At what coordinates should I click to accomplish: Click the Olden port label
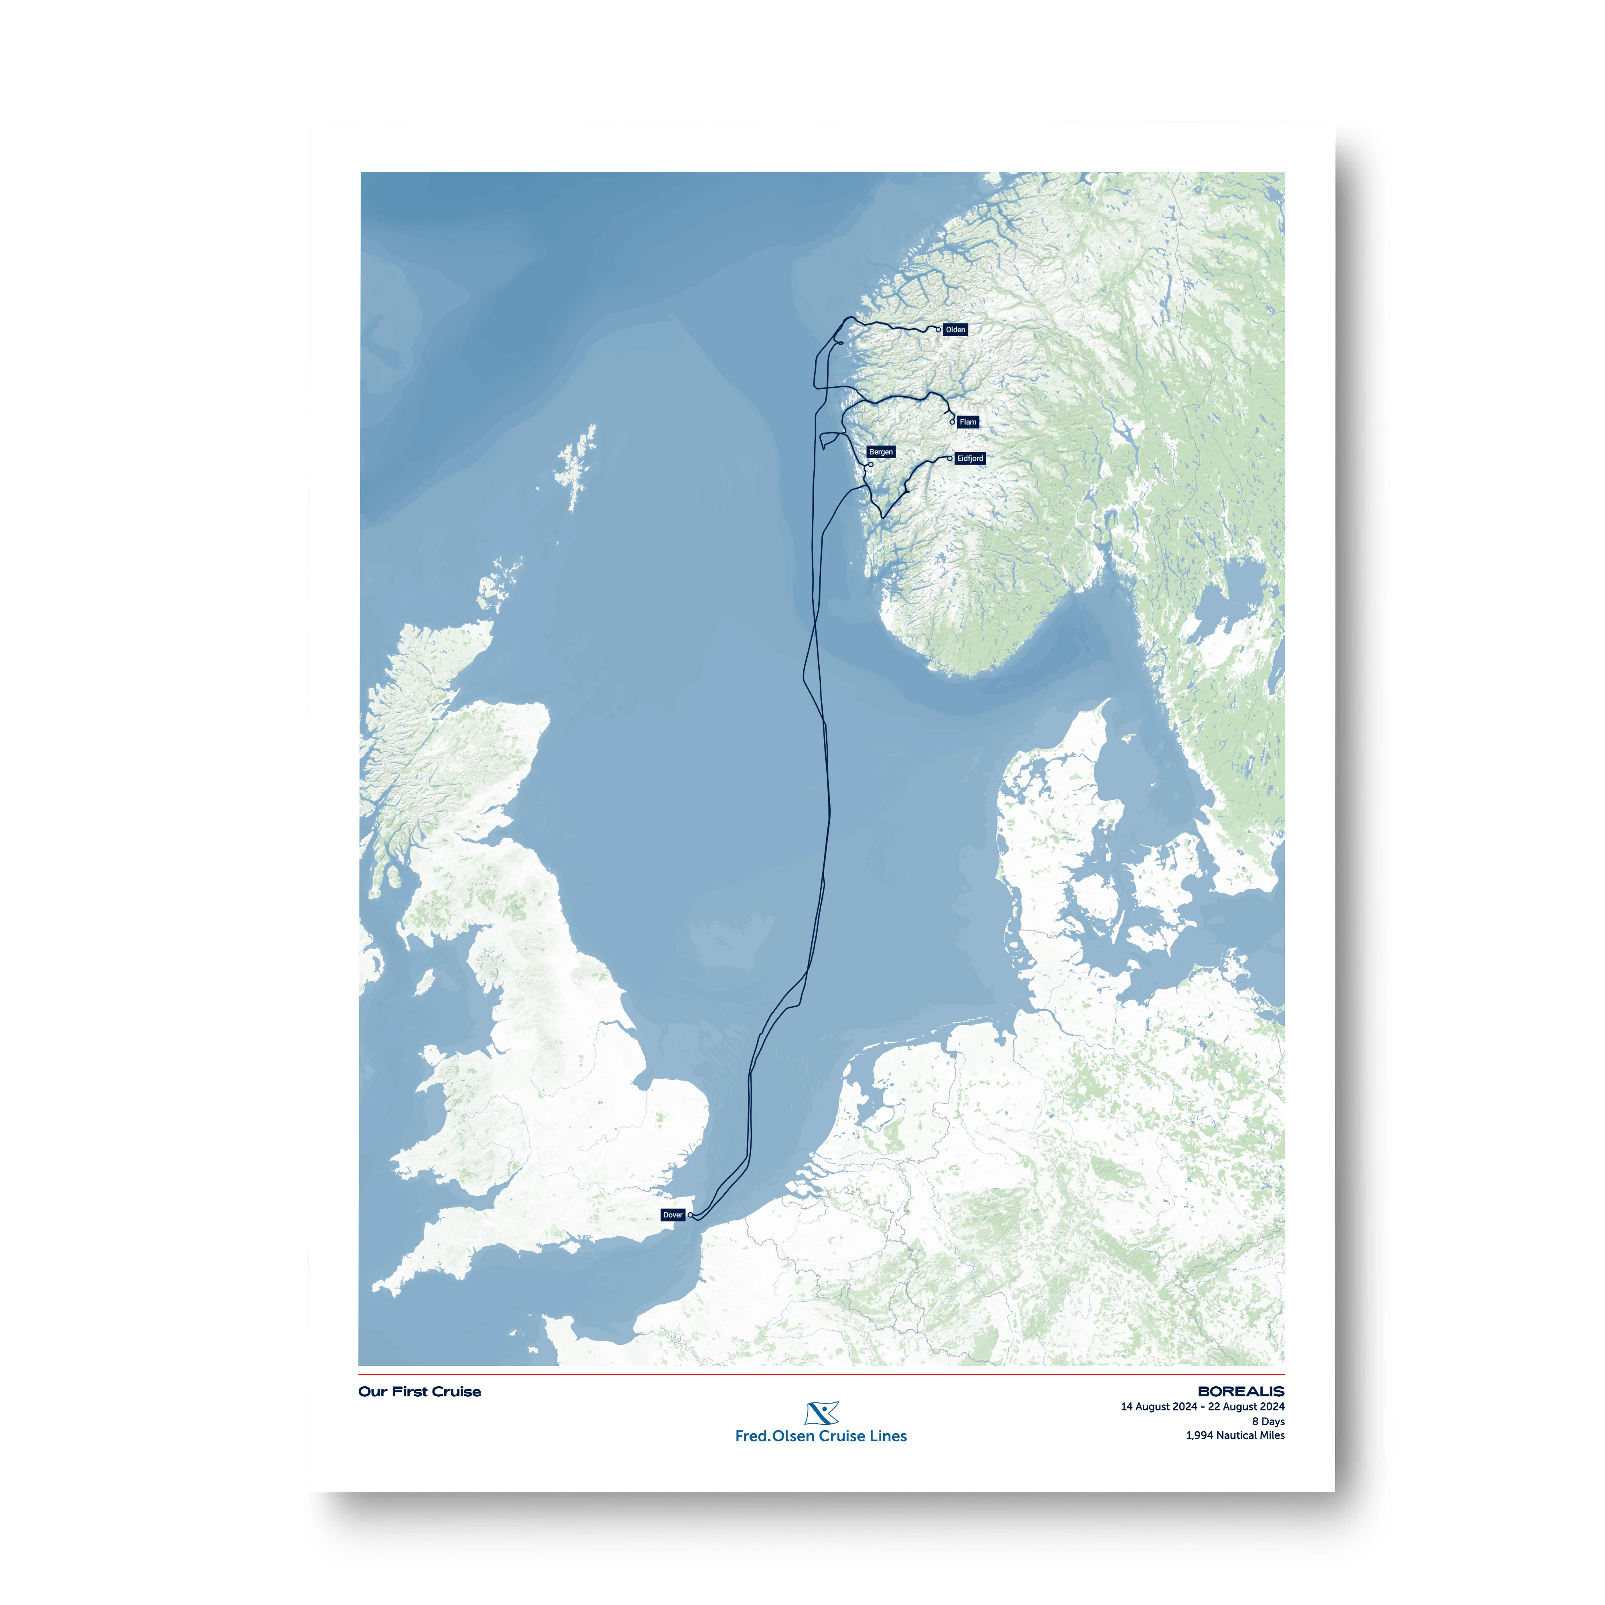click(955, 330)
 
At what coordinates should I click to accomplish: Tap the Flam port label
click(968, 422)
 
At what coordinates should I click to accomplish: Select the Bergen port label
click(881, 452)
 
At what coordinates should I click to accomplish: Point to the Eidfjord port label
click(969, 459)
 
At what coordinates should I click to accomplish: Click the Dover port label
click(673, 1215)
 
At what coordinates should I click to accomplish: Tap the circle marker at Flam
click(952, 422)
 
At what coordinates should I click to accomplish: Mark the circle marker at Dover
click(690, 1215)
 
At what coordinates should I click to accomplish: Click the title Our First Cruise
click(420, 1392)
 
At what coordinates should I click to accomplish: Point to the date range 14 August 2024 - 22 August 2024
click(1202, 1406)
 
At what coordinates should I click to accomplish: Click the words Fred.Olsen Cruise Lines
click(821, 1436)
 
